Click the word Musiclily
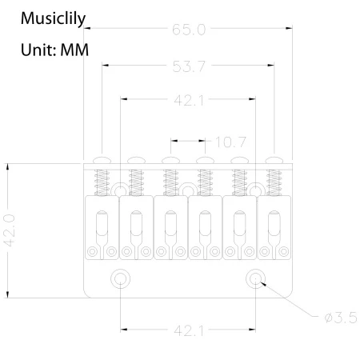pos(53,18)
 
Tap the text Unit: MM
pos(54,50)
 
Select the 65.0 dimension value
pos(189,30)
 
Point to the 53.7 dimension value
pos(189,66)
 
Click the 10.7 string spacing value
pos(230,142)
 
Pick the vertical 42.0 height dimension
pos(9,230)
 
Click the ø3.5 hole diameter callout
pos(341,318)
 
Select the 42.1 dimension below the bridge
pos(189,331)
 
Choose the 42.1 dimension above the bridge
pos(189,101)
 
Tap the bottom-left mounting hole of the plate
pos(120,278)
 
